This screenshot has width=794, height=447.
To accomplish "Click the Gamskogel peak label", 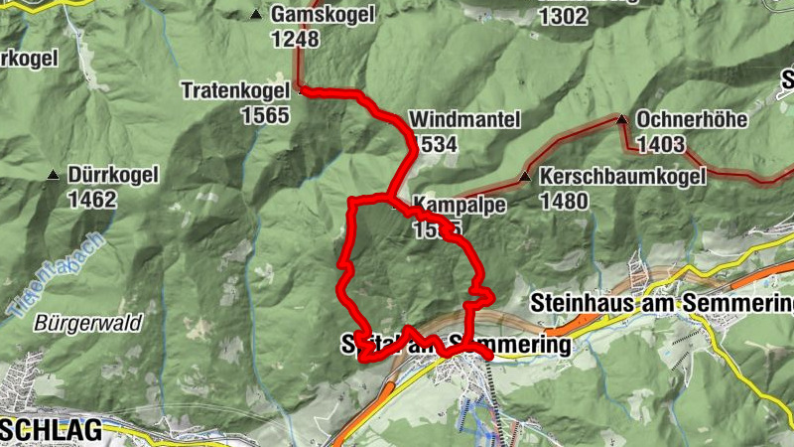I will (319, 16).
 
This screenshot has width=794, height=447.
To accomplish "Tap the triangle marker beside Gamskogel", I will (256, 15).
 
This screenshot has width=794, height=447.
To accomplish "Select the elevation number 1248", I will (294, 40).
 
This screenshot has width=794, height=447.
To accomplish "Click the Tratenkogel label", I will (234, 90).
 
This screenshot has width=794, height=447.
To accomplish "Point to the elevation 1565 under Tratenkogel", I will (264, 115).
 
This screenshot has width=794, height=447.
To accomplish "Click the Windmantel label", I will (464, 120).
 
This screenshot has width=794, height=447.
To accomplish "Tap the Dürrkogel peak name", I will (114, 176).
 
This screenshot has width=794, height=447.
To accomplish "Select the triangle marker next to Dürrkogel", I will (53, 176).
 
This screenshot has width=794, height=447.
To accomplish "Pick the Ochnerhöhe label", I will (691, 120).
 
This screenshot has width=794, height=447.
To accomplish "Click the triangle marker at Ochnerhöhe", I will (622, 119).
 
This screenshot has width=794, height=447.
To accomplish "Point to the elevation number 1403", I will (661, 145).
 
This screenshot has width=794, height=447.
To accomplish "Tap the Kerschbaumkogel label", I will (622, 177).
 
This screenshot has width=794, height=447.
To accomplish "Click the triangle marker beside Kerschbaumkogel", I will (524, 178).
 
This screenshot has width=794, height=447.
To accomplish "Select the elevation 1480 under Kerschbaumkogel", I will (565, 202).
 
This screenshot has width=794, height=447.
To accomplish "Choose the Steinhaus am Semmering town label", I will (661, 301).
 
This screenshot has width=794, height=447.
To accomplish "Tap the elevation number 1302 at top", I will (563, 16).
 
